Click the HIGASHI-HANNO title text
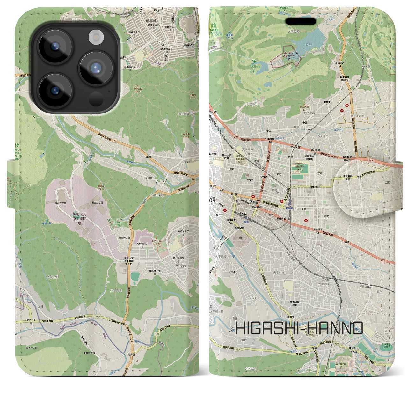click(x=299, y=328)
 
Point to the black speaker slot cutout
click(x=301, y=21)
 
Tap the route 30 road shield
click(x=350, y=93)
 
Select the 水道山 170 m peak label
click(x=186, y=136)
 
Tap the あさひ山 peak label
click(x=147, y=234)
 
